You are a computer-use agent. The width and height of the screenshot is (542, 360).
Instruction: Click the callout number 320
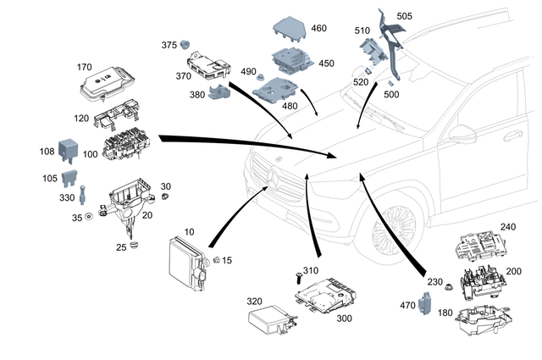pyautogui.click(x=255, y=302)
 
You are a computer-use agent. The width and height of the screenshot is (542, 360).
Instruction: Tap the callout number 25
pyautogui.click(x=121, y=247)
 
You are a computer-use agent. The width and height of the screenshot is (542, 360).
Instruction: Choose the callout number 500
pyautogui.click(x=414, y=96)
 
